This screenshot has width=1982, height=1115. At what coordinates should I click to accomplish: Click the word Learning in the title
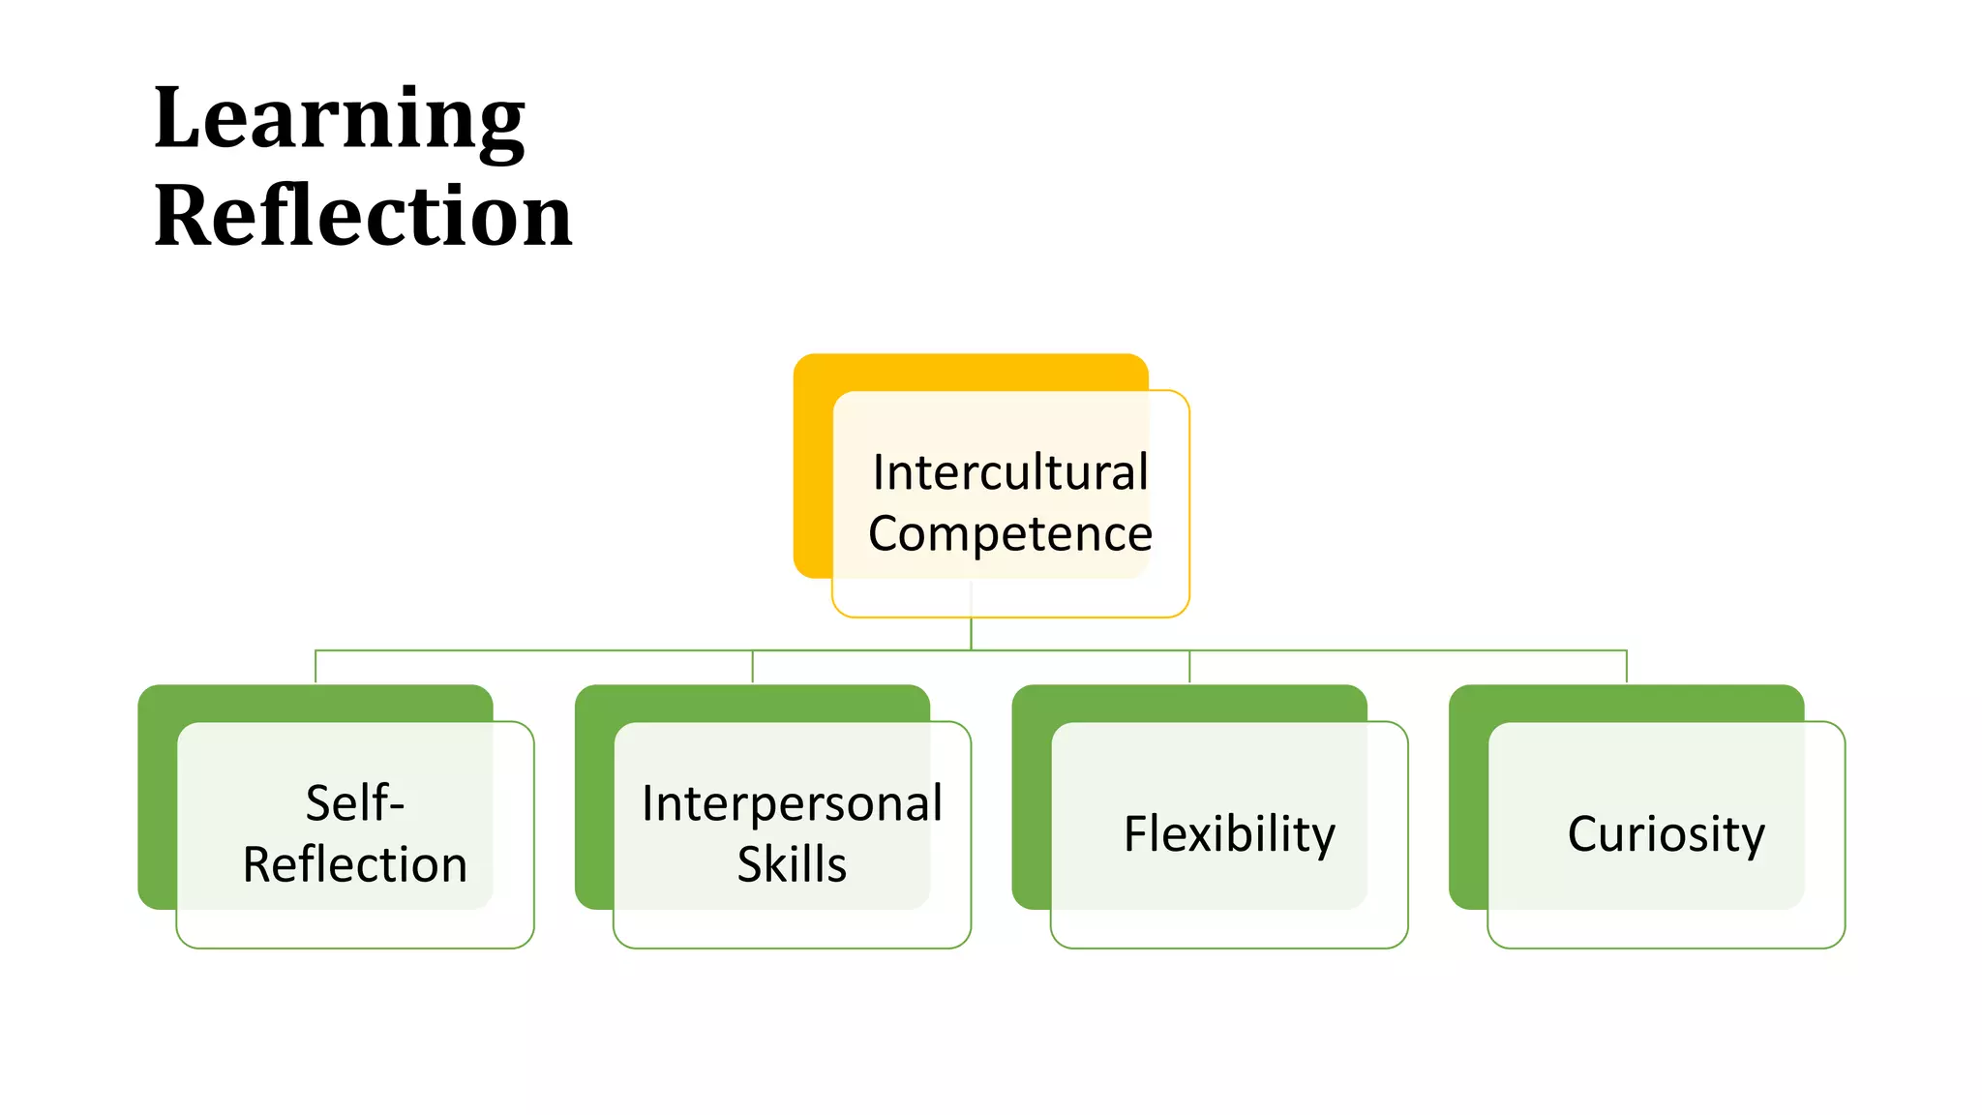(x=339, y=120)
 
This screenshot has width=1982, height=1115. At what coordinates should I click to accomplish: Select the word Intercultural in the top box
(x=1009, y=472)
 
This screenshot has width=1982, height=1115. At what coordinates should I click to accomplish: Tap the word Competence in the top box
(x=1009, y=533)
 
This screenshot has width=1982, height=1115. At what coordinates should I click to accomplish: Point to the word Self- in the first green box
(x=354, y=803)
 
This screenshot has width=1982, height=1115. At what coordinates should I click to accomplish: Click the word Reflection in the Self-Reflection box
(x=354, y=864)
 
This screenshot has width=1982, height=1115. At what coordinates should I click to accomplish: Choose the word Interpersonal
(x=792, y=803)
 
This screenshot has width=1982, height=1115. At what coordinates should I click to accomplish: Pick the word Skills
(x=792, y=864)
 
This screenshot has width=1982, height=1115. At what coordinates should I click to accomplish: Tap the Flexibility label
(x=1229, y=833)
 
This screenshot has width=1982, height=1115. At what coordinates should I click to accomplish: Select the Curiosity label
(x=1666, y=833)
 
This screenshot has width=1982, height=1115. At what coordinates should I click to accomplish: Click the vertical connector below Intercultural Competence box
(x=971, y=633)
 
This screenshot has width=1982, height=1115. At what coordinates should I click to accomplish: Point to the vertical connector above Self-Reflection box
(x=315, y=667)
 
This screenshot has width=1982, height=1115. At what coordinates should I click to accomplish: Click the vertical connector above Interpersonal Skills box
(x=753, y=667)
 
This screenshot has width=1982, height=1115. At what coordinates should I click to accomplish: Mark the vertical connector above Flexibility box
(x=1189, y=667)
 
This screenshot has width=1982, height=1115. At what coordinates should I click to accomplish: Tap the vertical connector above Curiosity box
(x=1627, y=667)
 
